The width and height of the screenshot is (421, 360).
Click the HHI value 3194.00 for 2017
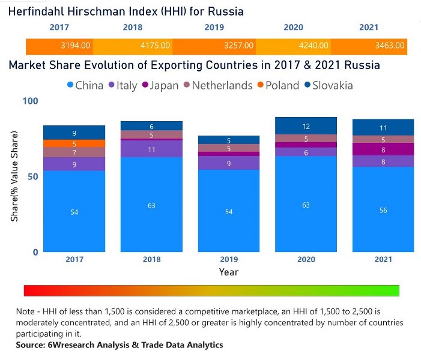click(x=75, y=46)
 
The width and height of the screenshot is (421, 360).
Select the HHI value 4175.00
click(x=154, y=46)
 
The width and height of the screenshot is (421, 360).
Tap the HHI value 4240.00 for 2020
click(x=313, y=46)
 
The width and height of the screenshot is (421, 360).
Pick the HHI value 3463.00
click(x=391, y=46)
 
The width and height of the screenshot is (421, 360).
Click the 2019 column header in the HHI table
click(x=214, y=28)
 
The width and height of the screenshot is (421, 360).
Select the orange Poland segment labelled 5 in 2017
click(x=74, y=144)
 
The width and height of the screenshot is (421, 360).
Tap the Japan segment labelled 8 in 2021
click(x=383, y=149)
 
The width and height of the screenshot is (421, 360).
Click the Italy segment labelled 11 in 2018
click(x=151, y=149)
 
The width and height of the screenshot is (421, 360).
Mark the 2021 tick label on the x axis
click(x=383, y=259)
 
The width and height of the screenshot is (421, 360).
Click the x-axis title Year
click(x=228, y=272)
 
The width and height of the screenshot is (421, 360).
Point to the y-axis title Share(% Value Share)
click(x=14, y=176)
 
